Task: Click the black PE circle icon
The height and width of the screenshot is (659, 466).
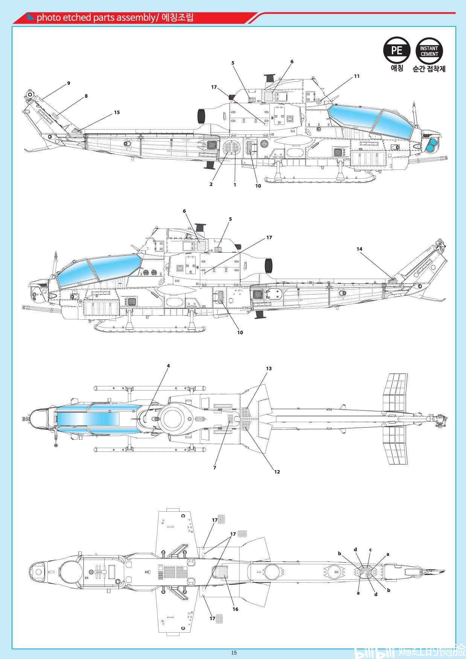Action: coord(397,50)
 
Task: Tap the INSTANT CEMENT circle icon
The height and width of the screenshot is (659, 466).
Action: coord(429,50)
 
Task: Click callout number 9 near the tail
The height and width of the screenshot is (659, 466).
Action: coord(69,83)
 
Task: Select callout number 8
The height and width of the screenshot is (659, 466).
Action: coord(86,96)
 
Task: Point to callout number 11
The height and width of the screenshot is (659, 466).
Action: coord(357,76)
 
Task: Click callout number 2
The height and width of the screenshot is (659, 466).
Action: coord(211,184)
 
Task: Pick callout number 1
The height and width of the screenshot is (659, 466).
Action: coord(235,185)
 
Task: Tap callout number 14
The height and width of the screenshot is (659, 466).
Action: coord(359,249)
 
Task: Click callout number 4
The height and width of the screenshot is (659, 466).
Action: coord(168,366)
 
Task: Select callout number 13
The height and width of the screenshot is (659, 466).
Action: coord(269,369)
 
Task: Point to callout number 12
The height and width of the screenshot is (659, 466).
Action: coord(277,471)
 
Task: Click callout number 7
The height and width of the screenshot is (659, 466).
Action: coord(215,468)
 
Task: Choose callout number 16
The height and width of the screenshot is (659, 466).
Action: coord(235,609)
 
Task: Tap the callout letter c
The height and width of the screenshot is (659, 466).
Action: coord(370,549)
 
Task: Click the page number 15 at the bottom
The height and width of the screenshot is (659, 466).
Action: coord(234,653)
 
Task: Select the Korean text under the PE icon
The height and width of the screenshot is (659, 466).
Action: coord(397,68)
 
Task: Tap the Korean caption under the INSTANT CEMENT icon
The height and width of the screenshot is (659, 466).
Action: coord(429,69)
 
